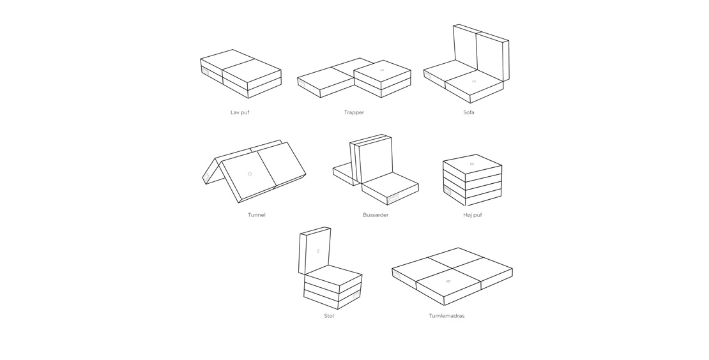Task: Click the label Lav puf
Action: click(x=240, y=112)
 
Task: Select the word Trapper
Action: click(x=354, y=112)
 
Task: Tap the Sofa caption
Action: click(x=469, y=112)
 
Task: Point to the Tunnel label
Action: click(x=256, y=215)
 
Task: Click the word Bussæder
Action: click(x=376, y=215)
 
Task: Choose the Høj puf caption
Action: click(x=473, y=215)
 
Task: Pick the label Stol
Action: click(x=329, y=316)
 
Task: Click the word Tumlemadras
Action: click(x=446, y=316)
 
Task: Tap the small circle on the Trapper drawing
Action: click(x=382, y=70)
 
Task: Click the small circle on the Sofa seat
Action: click(x=473, y=81)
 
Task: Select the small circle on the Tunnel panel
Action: click(x=250, y=174)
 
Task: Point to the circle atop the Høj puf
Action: click(x=471, y=164)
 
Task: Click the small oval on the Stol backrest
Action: click(x=318, y=251)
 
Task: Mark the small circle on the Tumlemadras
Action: click(x=448, y=281)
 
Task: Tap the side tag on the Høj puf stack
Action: click(x=447, y=191)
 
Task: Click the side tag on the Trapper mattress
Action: click(x=301, y=84)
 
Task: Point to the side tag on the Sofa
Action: click(x=428, y=75)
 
